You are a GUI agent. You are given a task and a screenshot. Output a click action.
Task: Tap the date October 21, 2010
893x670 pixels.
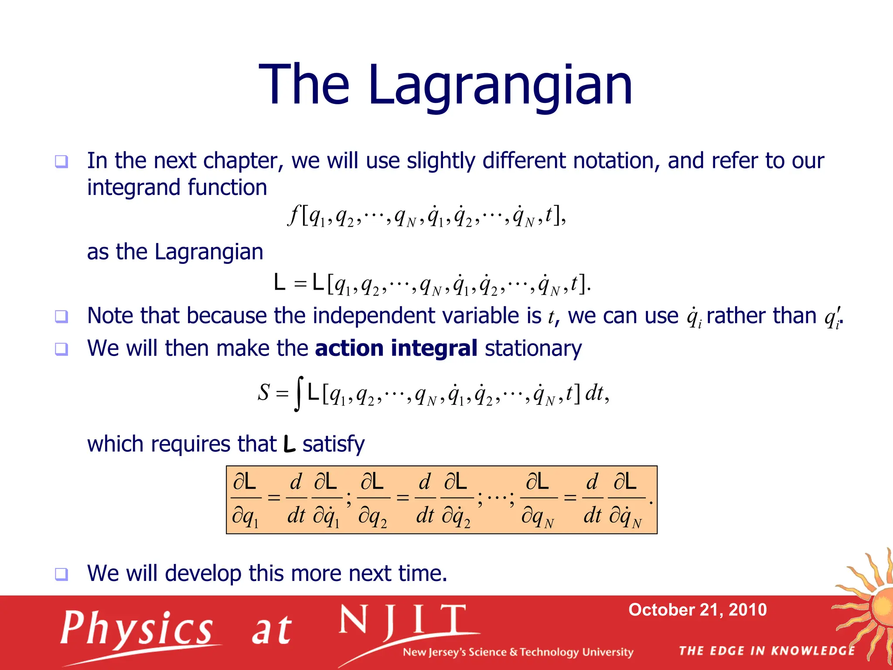pos(697,609)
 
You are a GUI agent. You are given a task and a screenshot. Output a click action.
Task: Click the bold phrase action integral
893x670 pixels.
pos(396,348)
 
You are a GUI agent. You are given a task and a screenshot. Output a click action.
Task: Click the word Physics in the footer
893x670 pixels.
pos(136,629)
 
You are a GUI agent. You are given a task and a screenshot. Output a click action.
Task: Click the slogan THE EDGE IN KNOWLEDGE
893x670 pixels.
pos(767,651)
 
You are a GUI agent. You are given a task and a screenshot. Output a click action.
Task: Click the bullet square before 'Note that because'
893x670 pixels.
pos(61,316)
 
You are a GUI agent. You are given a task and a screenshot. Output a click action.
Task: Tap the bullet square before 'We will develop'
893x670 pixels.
pos(61,574)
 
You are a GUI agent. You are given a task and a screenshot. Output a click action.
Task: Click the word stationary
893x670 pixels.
pos(533,348)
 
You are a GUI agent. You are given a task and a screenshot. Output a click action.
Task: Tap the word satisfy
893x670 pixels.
pos(334,444)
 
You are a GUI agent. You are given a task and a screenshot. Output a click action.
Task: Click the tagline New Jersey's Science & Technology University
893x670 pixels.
pos(518,652)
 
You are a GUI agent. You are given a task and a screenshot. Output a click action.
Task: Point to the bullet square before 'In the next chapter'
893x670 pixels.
pos(61,162)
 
